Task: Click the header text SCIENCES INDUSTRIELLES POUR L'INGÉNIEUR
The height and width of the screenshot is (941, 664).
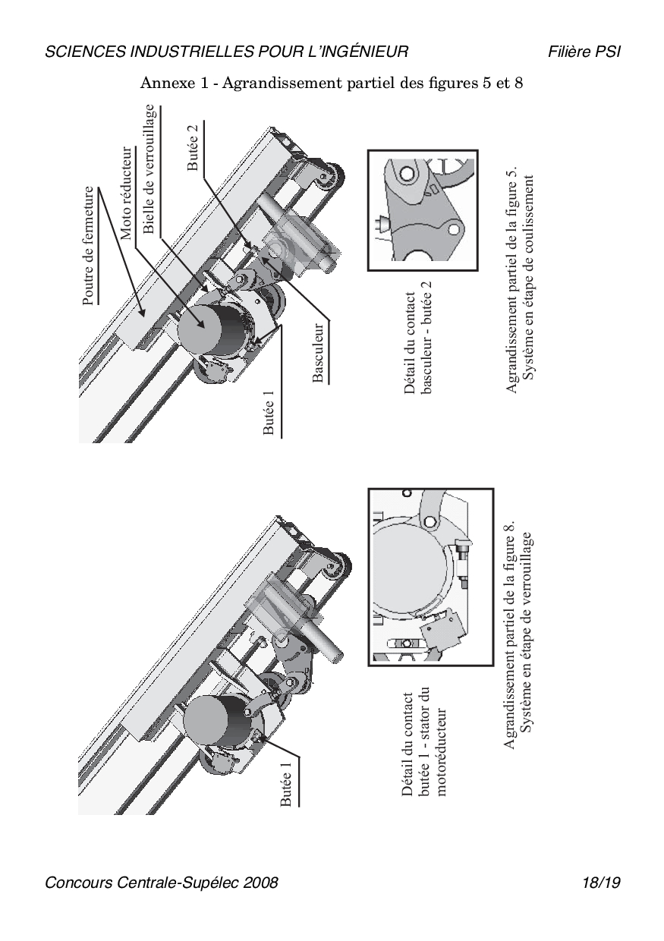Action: coord(227,52)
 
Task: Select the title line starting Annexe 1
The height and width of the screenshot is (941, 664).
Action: coord(332,83)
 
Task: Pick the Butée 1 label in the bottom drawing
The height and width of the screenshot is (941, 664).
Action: coord(288,782)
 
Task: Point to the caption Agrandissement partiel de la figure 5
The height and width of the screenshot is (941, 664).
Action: coord(519,280)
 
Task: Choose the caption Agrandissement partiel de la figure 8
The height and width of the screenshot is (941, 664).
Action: coord(519,634)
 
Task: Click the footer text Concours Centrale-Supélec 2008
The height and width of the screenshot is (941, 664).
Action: coord(162,883)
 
